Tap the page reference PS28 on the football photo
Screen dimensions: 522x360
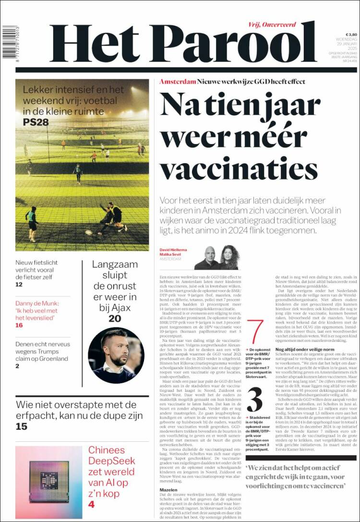point(36,122)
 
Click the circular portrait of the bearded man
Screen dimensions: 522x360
point(115,355)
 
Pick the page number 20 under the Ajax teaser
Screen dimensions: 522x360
point(115,318)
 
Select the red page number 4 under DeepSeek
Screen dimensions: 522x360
point(91,504)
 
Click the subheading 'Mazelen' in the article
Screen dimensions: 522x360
point(168,490)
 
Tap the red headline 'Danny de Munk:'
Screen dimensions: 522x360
point(37,303)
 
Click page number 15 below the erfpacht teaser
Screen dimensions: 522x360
point(21,426)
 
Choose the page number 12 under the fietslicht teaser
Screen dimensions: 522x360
point(19,284)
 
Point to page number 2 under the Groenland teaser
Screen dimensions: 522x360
point(18,366)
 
